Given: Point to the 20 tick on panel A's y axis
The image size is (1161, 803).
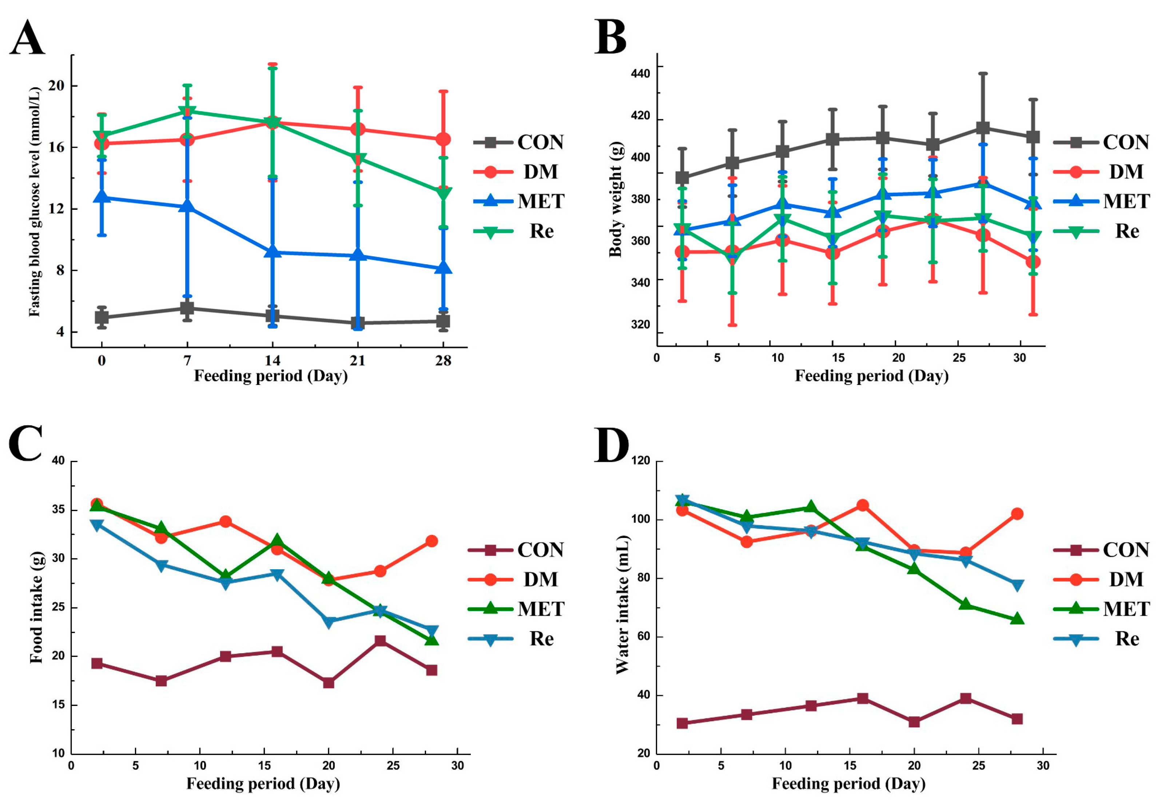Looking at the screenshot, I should pos(56,85).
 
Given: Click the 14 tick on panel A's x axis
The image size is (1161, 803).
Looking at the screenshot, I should pos(273,360).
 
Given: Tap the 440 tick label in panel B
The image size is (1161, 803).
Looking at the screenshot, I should pos(640,73).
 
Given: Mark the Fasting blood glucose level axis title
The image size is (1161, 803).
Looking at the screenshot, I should pos(34,201).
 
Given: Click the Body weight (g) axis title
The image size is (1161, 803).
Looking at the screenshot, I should pos(615,199).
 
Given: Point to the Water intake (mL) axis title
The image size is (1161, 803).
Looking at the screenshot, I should pos(622,604).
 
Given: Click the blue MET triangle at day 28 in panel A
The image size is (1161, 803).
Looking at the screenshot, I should pos(443,268).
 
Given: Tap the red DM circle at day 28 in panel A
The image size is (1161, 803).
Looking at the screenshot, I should pos(443,139).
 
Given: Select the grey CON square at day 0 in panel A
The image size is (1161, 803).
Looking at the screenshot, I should pos(102,317).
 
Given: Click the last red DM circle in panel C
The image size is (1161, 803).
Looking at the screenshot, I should pos(432,541).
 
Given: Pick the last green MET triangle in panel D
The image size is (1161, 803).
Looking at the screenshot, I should pos(1017,619).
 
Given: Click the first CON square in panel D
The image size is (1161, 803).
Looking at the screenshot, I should pos(682,723).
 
